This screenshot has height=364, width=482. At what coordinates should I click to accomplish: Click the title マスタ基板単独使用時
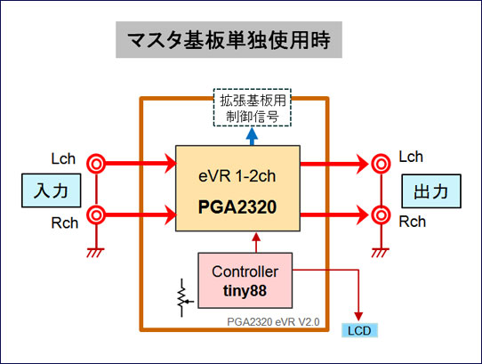229,40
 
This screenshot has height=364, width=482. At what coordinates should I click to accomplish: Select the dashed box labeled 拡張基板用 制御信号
253,108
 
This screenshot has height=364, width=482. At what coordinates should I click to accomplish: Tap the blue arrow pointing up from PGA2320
252,136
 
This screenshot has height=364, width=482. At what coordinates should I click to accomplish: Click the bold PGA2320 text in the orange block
237,206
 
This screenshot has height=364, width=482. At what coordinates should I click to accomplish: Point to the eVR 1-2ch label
237,176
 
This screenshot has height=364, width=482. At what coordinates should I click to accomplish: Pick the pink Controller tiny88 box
245,280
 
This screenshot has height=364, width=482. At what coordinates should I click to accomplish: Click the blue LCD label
359,331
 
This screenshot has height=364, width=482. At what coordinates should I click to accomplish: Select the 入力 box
52,190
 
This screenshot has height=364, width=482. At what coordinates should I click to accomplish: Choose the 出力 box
431,191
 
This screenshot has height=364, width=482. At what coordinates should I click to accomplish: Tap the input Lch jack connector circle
96,164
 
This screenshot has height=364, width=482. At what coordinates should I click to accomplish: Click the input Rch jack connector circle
96,215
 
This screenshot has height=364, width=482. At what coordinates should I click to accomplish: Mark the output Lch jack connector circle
381,164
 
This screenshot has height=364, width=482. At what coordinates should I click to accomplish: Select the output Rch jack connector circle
381,215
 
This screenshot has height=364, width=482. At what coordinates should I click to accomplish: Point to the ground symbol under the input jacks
96,252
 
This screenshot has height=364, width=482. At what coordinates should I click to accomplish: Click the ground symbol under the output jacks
381,252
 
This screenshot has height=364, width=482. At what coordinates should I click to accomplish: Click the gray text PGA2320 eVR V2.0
273,322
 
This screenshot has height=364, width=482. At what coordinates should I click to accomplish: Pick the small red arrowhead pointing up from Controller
256,237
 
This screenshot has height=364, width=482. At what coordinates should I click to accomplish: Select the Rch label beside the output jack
413,222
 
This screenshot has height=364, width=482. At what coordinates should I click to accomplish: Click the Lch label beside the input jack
63,158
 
